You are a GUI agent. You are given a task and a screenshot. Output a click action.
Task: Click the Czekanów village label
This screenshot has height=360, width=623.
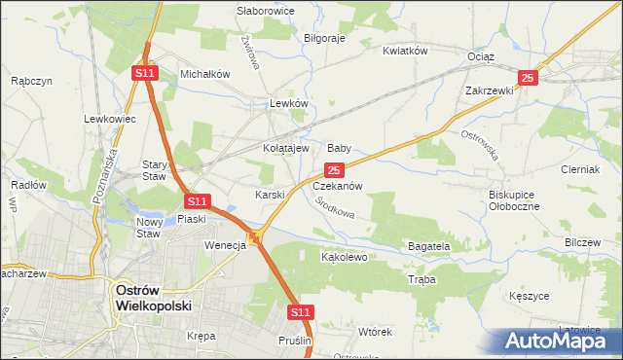338,186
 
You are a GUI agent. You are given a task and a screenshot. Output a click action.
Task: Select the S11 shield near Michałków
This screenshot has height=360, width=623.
144,73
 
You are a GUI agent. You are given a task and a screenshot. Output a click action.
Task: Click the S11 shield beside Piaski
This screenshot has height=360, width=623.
198,201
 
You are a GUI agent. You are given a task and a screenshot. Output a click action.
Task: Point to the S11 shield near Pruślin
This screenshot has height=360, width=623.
301,312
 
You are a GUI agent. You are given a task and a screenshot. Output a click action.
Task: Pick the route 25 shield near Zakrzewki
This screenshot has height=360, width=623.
528,78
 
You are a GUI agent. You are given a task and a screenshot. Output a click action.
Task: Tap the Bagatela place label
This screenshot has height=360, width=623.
428,247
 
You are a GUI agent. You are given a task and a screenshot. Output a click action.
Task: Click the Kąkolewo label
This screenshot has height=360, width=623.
344,258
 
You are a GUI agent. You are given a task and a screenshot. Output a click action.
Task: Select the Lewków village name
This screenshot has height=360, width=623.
289,103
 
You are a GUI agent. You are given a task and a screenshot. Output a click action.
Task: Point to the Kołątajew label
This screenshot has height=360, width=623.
286,149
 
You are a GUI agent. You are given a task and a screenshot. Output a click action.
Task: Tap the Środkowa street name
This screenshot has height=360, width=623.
335,207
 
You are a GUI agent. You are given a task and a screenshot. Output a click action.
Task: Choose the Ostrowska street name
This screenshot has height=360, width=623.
479,145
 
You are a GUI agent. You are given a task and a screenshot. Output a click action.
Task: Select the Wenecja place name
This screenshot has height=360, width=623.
225,245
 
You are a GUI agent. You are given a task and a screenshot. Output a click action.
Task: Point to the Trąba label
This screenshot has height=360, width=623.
422,279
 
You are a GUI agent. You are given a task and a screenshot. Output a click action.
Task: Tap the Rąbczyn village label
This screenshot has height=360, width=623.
30,83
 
